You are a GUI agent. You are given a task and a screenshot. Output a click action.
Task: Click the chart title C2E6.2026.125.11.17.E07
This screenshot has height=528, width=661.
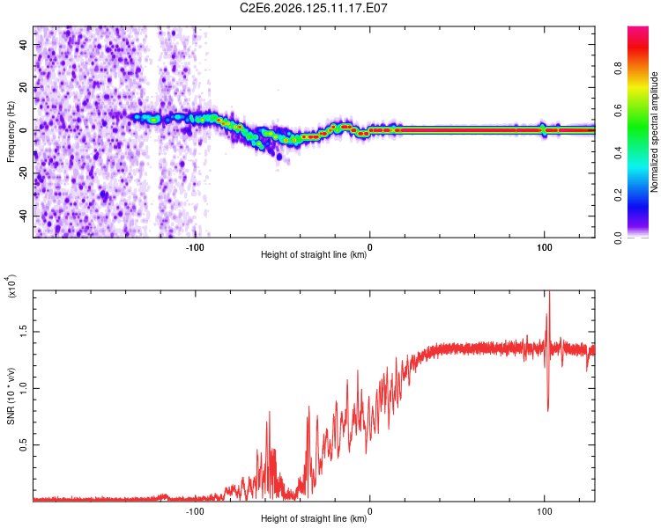(313, 8)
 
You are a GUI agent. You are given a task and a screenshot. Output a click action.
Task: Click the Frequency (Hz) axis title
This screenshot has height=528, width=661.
(11, 132)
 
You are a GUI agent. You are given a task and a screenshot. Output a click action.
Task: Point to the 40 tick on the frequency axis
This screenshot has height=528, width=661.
(24, 45)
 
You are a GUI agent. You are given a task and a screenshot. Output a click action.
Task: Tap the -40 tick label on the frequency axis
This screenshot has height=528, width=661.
(24, 216)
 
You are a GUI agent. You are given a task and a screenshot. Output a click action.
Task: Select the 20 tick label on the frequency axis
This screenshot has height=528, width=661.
(24, 88)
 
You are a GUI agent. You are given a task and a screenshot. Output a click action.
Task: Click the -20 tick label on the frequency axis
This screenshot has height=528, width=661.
(24, 173)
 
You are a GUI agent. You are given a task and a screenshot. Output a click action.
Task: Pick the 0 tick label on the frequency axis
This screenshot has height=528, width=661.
(24, 130)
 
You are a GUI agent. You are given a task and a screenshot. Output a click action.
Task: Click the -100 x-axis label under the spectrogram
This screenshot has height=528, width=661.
(195, 247)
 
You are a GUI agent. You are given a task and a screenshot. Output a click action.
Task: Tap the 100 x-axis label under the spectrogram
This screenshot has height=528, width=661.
(545, 247)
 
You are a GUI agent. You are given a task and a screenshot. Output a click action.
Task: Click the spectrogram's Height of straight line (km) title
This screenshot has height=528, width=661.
(314, 254)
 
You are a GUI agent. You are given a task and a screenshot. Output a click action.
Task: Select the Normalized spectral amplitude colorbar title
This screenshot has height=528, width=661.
(654, 132)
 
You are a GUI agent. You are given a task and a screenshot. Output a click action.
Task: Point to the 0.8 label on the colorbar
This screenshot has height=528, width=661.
(618, 69)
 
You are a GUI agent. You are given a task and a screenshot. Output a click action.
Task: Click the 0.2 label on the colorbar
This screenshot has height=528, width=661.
(618, 195)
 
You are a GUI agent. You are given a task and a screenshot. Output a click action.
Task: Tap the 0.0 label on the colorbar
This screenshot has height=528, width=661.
(618, 238)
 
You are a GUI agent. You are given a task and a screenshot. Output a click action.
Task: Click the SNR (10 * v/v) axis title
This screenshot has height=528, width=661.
(11, 396)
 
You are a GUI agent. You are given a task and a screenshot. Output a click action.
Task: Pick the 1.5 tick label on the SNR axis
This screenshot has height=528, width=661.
(24, 332)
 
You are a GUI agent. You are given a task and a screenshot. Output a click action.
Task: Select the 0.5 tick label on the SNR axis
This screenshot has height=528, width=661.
(24, 444)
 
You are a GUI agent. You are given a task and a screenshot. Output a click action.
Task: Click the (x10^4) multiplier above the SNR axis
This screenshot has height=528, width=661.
(11, 286)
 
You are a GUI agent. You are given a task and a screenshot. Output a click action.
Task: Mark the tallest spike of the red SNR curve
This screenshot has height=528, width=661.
(549, 291)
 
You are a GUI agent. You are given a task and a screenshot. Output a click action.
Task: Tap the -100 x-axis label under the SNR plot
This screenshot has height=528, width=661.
(195, 511)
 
